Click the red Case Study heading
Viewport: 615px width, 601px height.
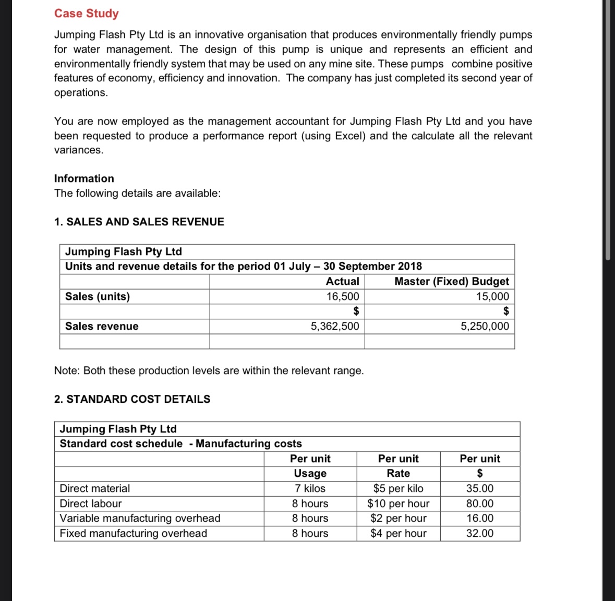(86, 14)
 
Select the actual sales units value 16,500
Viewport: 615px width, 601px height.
(342, 296)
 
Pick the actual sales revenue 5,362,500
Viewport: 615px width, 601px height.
(334, 326)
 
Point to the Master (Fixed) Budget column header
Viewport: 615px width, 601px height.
(451, 281)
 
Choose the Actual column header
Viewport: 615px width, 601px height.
(342, 281)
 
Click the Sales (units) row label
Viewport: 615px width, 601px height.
(98, 296)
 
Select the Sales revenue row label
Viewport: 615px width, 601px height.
(102, 326)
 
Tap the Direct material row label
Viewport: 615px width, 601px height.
(95, 488)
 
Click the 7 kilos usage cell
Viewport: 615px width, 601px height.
(310, 488)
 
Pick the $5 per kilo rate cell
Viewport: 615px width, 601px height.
(398, 488)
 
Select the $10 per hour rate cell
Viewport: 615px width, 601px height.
(398, 503)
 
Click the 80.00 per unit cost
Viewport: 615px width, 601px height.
(479, 503)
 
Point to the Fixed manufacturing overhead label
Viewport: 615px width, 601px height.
(133, 533)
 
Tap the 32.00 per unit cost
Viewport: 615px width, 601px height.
(479, 533)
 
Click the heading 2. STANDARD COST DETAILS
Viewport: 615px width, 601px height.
(132, 399)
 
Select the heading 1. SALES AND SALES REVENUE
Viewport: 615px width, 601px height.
(139, 222)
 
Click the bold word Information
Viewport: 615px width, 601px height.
(84, 178)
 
